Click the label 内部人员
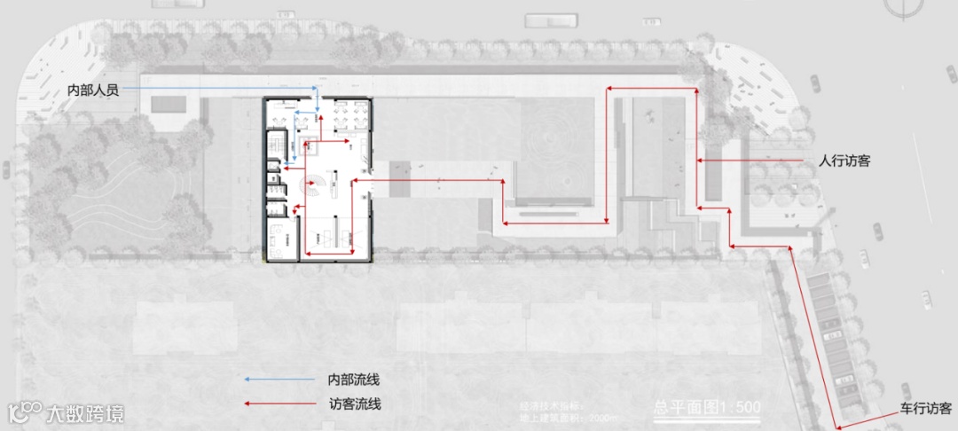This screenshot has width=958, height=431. [93, 90]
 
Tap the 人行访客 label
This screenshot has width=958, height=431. [844, 161]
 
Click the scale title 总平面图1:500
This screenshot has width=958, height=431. [707, 408]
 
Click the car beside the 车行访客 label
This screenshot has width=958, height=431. [906, 391]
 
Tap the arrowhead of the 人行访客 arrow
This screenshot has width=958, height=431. [699, 161]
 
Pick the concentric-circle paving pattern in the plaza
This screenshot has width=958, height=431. [555, 141]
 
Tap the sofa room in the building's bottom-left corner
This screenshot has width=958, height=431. [281, 237]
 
